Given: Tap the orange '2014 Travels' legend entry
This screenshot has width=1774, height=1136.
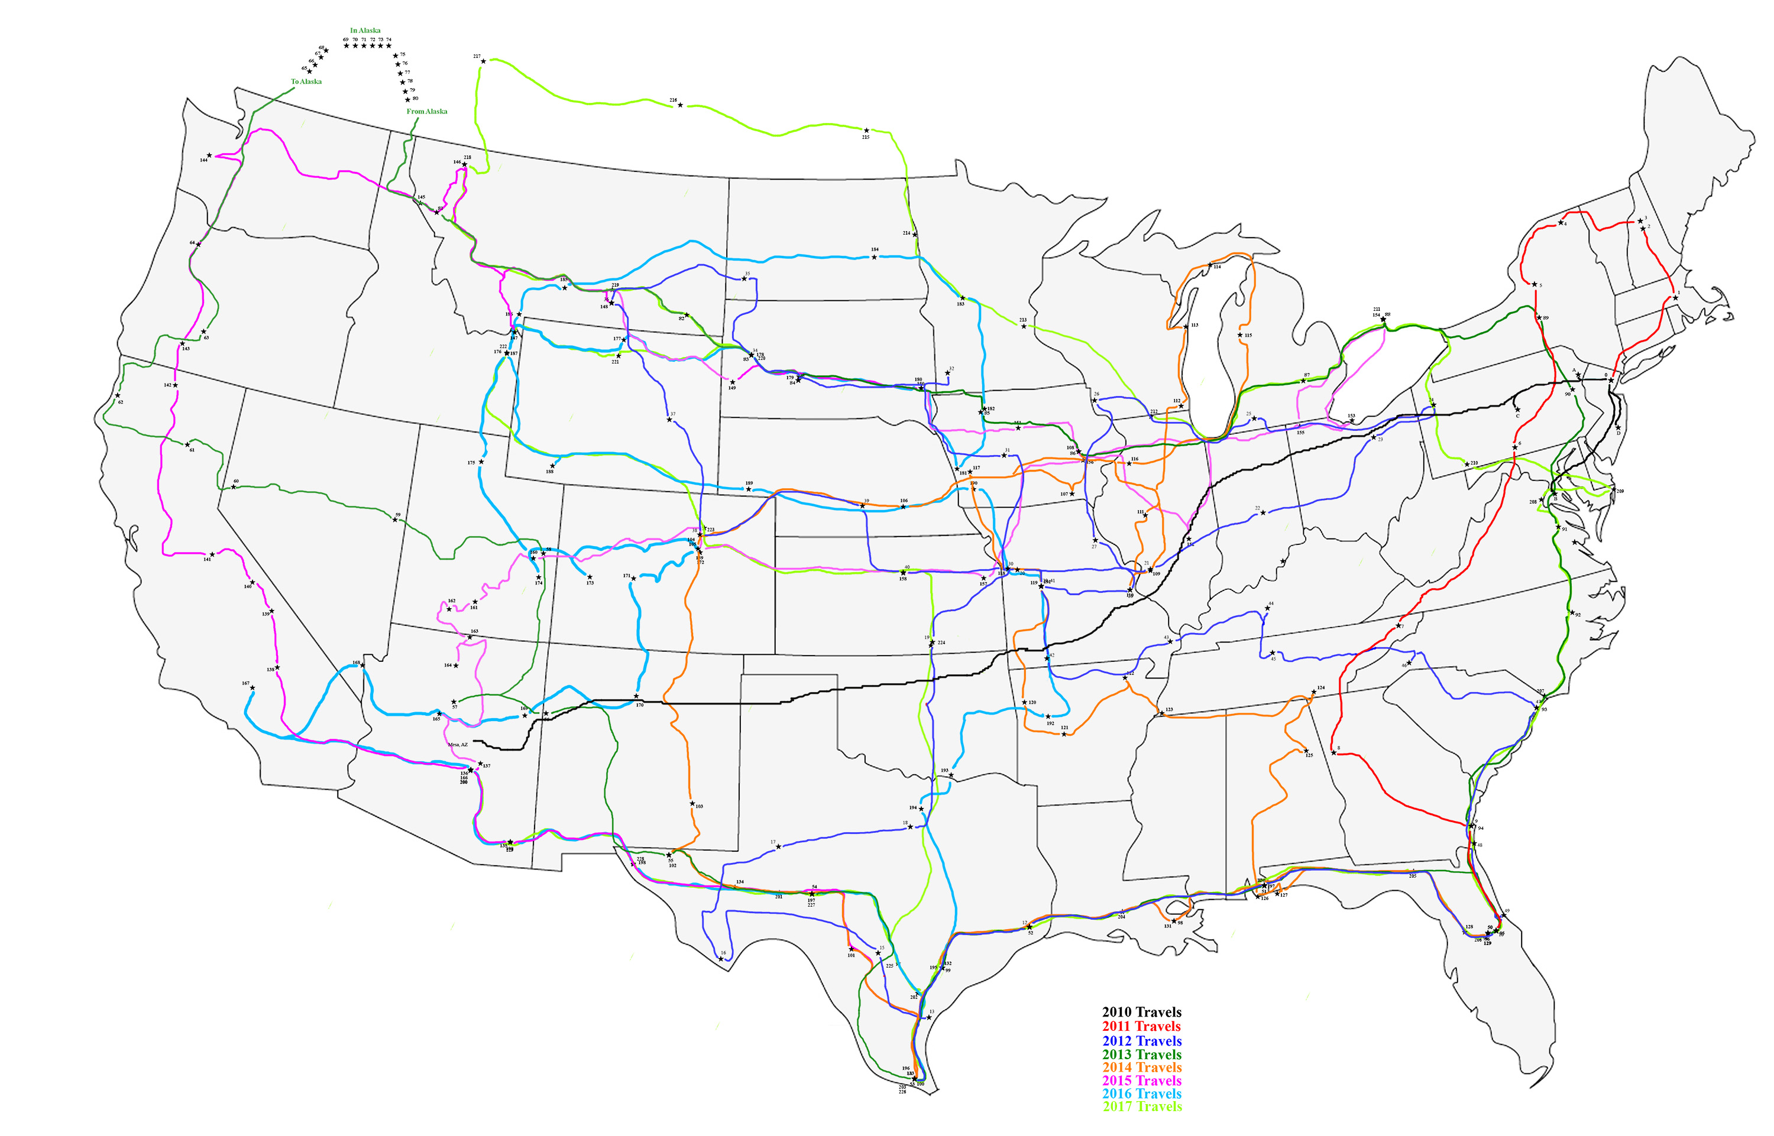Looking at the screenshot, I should pos(1142,1067).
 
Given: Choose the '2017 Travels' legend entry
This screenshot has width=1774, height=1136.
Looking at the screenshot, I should pos(1142,1106).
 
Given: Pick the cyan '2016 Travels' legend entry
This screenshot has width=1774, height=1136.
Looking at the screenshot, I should pos(1142,1094).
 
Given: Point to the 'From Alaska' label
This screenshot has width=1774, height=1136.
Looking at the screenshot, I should pos(426,111).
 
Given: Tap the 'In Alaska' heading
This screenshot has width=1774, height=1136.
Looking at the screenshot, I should pos(365,31).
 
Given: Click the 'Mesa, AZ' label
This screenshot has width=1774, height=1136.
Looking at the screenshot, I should pos(458,745).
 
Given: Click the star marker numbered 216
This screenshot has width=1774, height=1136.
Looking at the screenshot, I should pos(679,105).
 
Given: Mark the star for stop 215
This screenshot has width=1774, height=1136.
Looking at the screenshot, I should pos(866,131).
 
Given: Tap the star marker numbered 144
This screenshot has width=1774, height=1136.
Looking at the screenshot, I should pos(209,155).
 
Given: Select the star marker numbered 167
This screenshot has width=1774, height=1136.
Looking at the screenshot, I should pos(252,688).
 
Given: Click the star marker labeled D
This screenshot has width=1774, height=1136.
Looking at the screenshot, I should pos(1617,428).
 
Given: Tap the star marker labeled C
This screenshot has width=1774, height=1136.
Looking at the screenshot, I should pos(1517,410).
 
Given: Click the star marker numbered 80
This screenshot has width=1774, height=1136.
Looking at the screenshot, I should pos(407,99).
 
